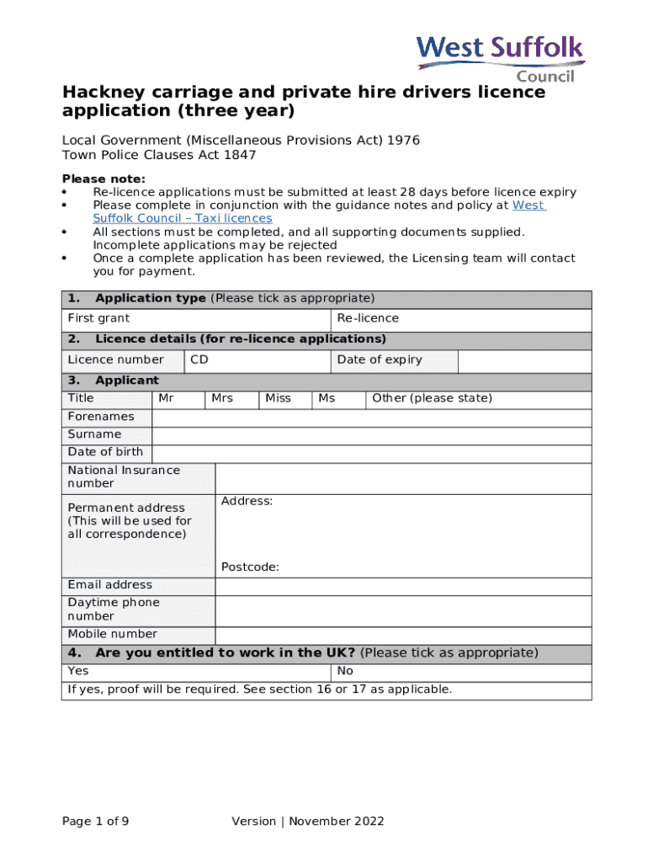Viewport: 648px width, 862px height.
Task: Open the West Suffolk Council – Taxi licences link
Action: coord(182,218)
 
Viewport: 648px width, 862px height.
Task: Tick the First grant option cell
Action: coord(196,319)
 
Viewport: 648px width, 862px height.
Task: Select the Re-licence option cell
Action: coord(461,319)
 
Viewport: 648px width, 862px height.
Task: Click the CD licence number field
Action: coord(257,361)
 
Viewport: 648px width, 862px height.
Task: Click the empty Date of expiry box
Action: coord(524,361)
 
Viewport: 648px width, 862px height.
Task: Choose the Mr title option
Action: coord(178,399)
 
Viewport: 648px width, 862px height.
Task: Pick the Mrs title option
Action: coord(231,399)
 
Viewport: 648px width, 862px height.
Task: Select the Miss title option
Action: coord(285,399)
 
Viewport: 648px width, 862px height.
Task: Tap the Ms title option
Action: coord(338,399)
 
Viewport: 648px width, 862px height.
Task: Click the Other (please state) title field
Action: coord(478,399)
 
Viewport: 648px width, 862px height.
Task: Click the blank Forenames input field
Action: coord(371,418)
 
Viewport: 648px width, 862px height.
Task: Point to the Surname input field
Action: coord(371,435)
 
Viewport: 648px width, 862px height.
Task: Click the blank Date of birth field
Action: coord(371,453)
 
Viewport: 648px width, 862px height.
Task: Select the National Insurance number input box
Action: coord(403,478)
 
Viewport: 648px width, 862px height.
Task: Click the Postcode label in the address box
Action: coord(250,567)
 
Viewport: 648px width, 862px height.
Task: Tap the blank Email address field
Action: coord(403,586)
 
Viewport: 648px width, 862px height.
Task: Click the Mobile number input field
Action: coord(403,636)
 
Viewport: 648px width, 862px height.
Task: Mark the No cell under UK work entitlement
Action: coord(461,672)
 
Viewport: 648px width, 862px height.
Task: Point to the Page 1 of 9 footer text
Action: coord(96,822)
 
